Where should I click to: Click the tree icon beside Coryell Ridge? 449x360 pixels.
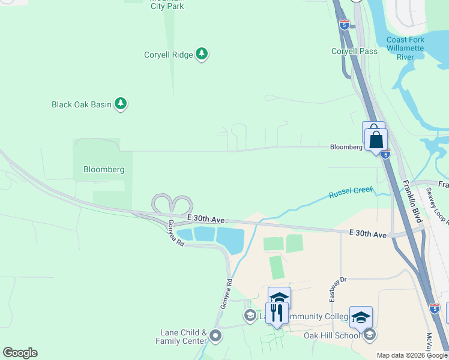coord(202,55)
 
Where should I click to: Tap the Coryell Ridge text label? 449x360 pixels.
coord(169,55)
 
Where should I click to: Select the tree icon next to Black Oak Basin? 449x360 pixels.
coord(121,104)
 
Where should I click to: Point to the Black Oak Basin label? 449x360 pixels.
coord(82,104)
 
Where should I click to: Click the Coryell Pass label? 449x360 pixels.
coord(354,51)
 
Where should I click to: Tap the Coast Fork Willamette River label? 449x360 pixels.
coord(405,48)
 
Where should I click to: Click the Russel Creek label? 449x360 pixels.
coord(351,193)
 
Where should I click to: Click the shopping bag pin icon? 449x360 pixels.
coord(376,140)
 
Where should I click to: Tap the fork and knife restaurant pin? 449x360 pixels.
coord(276,313)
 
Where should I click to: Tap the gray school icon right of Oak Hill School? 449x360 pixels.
coord(369,335)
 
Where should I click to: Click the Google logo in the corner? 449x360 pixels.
coord(20,353)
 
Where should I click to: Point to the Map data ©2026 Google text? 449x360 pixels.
coord(411,355)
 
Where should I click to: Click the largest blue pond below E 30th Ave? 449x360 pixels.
coord(231,240)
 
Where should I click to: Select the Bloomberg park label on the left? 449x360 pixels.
coord(103,169)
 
